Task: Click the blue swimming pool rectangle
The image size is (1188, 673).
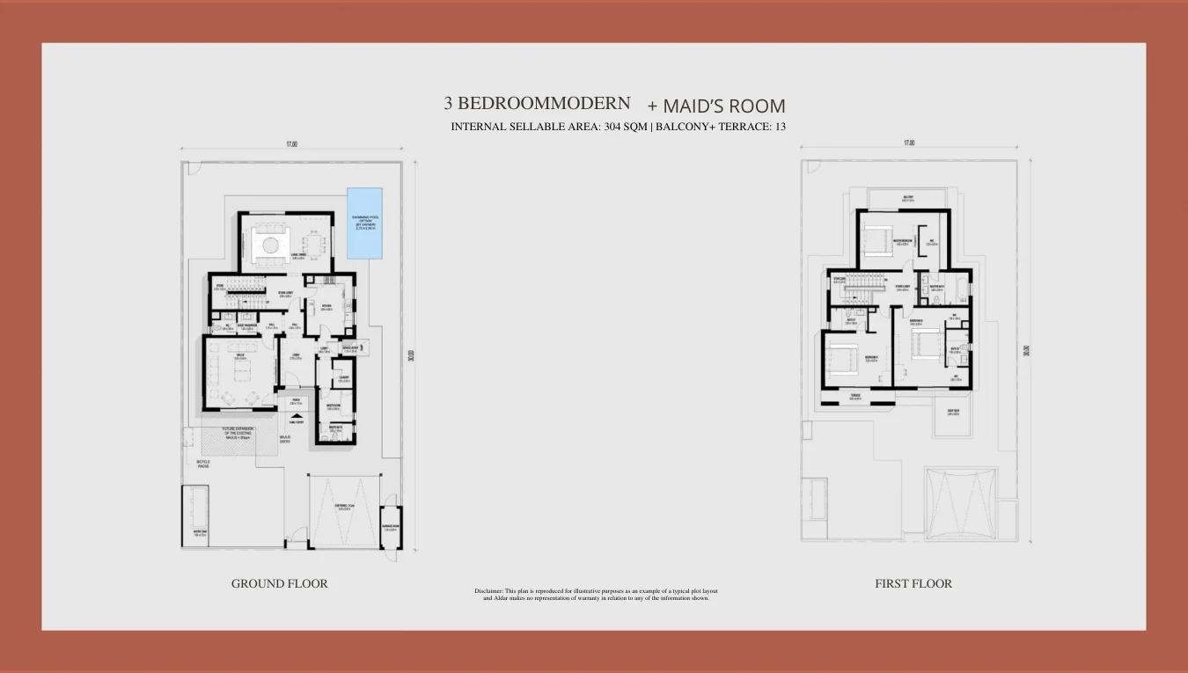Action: (x=364, y=223)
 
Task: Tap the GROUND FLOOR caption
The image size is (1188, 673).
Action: (x=279, y=583)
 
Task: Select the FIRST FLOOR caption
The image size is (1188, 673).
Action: (x=913, y=583)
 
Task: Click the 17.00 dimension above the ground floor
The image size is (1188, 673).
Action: (x=291, y=144)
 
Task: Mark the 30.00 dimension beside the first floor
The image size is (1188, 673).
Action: (x=1026, y=350)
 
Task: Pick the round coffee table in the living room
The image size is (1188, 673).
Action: (x=268, y=244)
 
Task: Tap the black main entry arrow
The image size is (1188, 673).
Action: (x=297, y=416)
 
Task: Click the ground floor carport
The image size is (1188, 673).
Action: (x=344, y=510)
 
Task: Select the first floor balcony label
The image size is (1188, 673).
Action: (x=907, y=198)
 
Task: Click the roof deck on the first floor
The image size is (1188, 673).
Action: (x=953, y=413)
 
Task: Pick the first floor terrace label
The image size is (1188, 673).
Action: (x=856, y=398)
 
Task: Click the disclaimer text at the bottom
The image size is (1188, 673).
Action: (x=596, y=595)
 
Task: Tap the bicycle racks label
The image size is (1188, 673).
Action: (x=203, y=464)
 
